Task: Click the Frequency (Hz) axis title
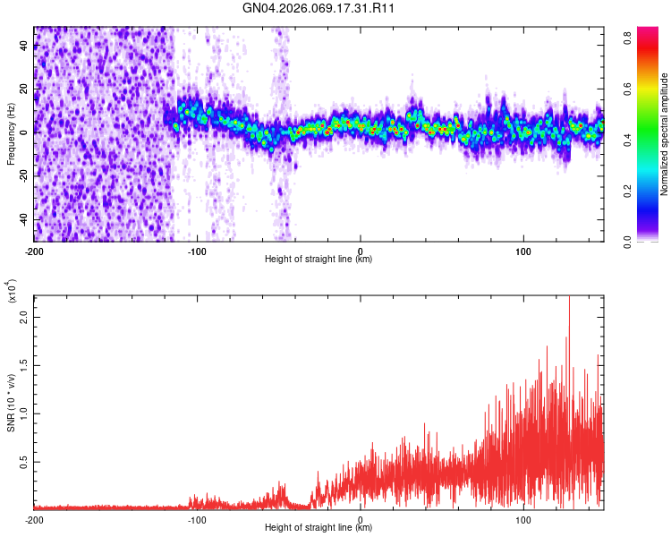coord(11,133)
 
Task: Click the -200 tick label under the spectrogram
coord(34,250)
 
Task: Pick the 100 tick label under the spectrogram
coord(523,250)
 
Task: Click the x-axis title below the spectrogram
coord(319,260)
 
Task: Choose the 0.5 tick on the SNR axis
coord(25,462)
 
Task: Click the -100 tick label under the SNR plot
coord(197,519)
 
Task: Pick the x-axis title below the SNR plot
coord(319,529)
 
